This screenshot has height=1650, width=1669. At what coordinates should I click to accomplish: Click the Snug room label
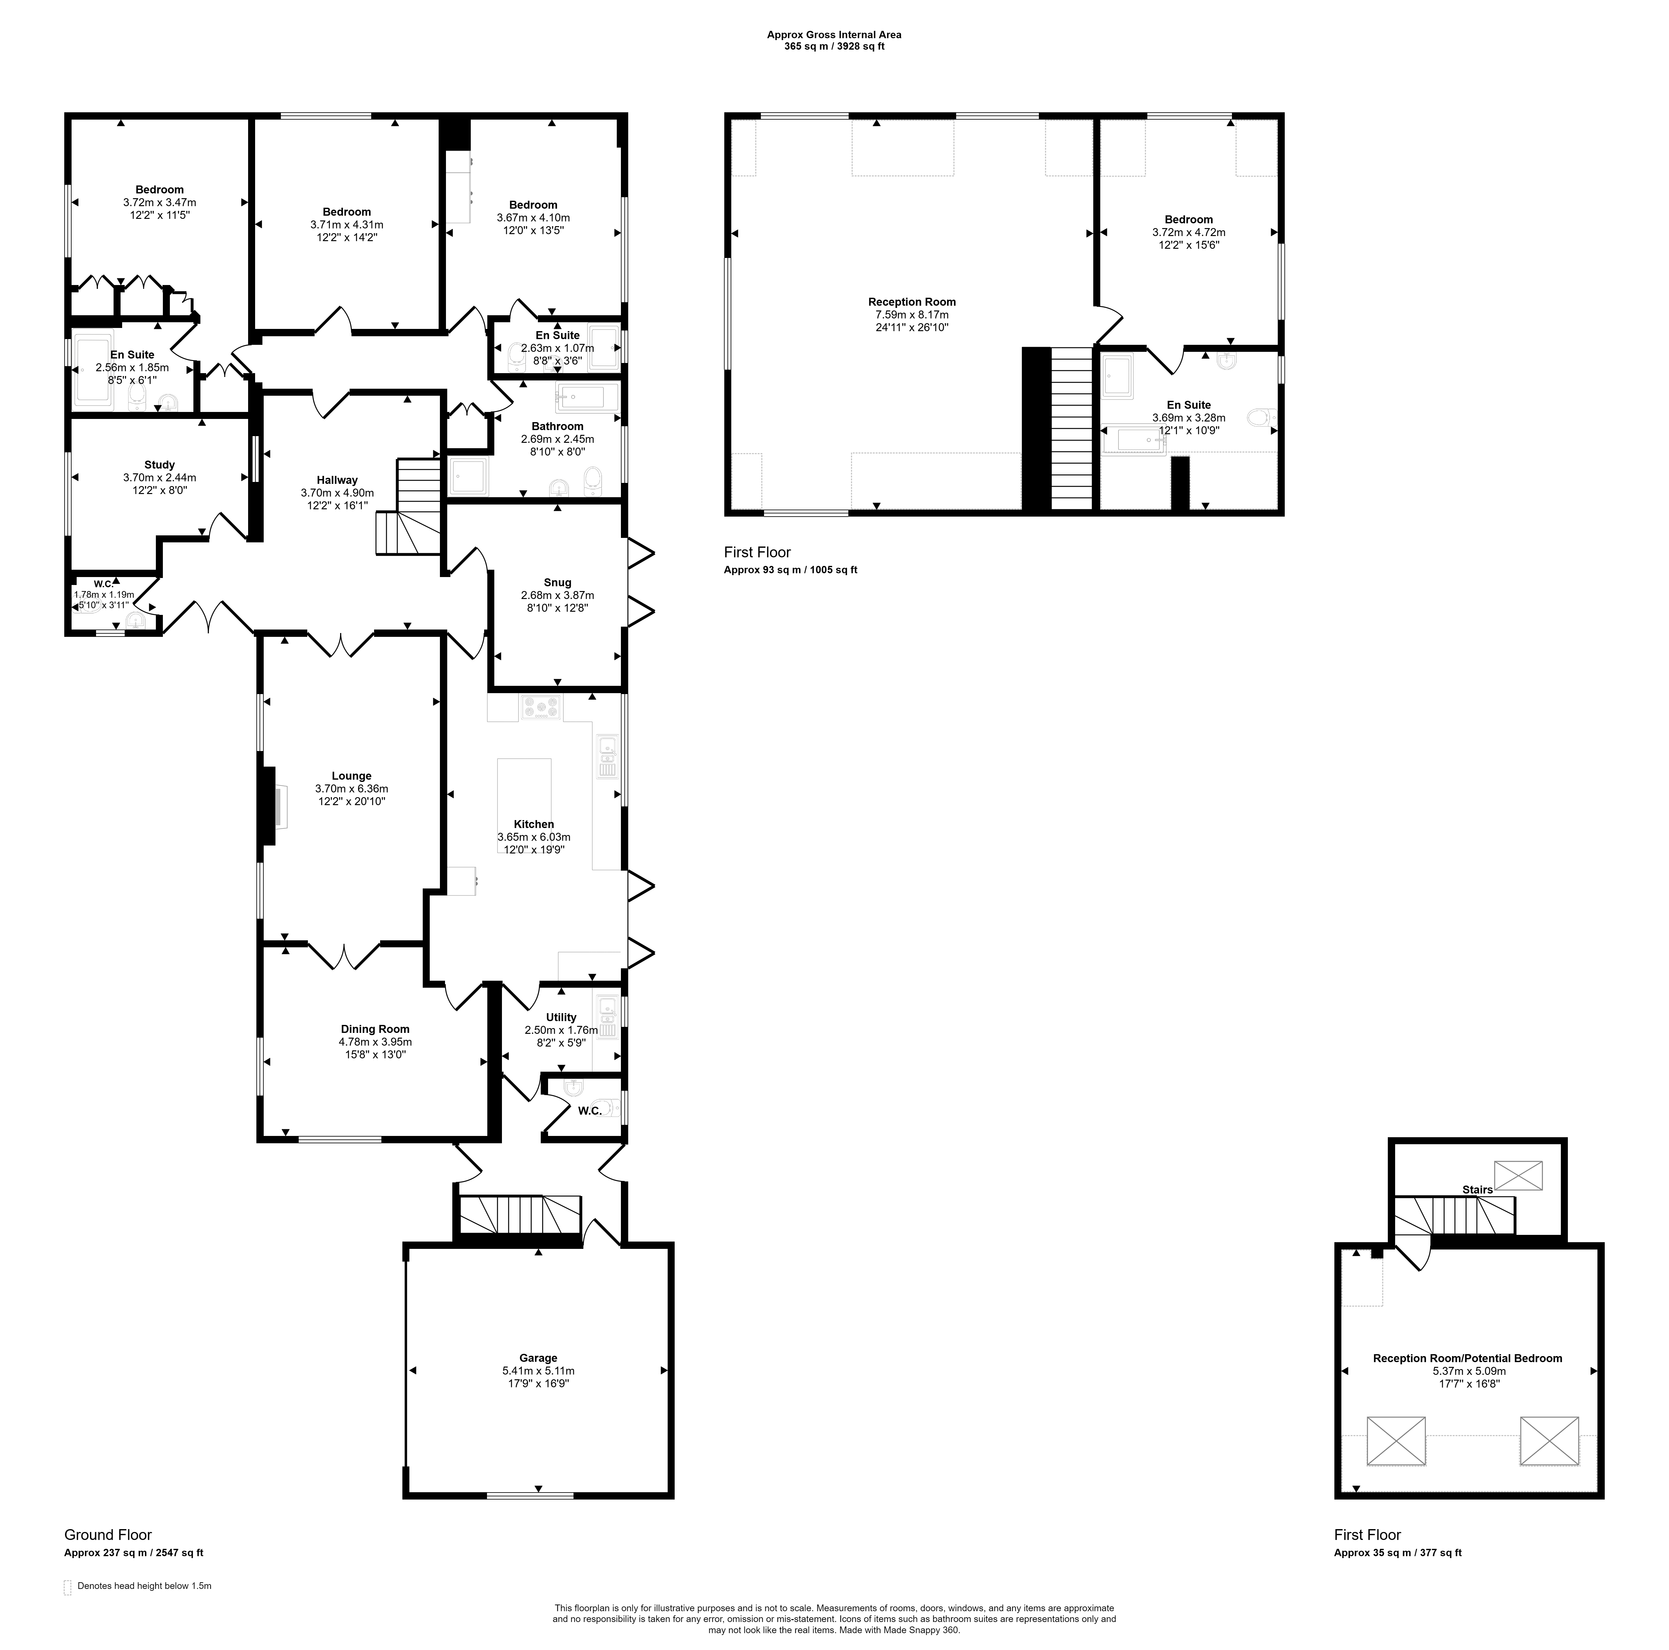point(557,582)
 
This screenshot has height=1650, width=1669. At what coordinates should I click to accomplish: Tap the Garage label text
point(538,1358)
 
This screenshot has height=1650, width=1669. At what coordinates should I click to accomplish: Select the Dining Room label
point(375,1029)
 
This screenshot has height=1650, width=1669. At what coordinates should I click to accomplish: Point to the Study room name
point(160,465)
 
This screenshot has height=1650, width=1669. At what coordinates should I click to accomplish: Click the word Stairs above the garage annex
point(1477,1190)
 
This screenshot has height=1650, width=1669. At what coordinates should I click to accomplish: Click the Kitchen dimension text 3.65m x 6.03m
point(534,837)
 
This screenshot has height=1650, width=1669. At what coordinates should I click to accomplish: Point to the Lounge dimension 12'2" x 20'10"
point(351,802)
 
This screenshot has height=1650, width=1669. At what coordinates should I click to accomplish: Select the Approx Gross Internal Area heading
point(835,35)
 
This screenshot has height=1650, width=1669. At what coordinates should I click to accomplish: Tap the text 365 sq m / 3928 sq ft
point(835,47)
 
